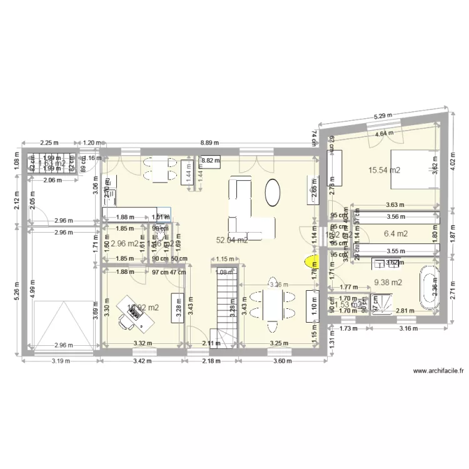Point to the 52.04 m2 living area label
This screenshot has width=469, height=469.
point(232,240)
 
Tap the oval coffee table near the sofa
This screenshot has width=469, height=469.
point(273,192)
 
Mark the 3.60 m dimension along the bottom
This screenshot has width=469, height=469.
point(279,361)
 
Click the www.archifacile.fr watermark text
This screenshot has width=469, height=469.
point(438,371)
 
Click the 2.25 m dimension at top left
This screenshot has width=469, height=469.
point(49,143)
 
